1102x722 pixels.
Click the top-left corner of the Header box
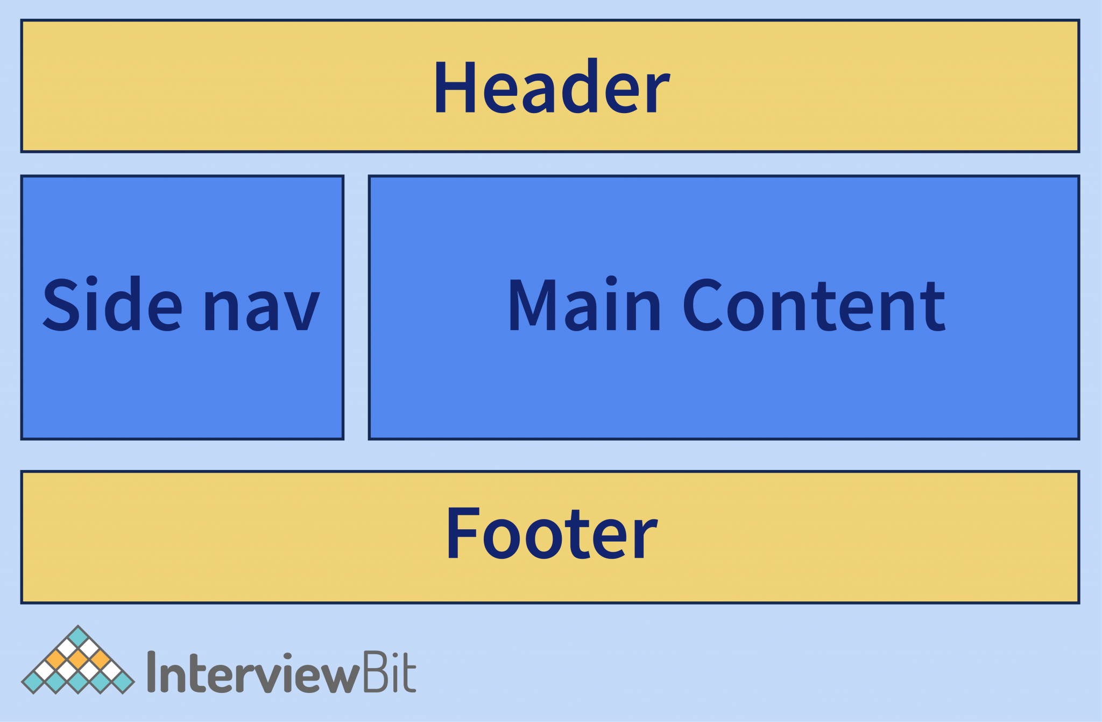(x=22, y=20)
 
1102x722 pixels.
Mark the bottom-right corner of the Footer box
(x=1079, y=603)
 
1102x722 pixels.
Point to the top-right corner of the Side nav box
(x=343, y=176)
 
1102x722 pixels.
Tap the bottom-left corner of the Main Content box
(x=369, y=439)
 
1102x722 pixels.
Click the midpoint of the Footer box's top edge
(x=550, y=472)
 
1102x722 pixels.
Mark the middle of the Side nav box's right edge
(x=343, y=307)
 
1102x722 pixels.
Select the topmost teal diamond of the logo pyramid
(x=78, y=637)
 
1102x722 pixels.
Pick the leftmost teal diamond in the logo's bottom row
(x=33, y=682)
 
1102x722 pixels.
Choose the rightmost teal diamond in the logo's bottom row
(x=123, y=682)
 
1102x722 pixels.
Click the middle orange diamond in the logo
(x=78, y=660)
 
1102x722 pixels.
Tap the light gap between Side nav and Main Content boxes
(x=356, y=307)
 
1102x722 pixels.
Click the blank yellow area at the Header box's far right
(x=969, y=86)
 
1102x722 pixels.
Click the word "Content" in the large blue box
(x=814, y=304)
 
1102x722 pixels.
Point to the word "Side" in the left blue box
(x=112, y=304)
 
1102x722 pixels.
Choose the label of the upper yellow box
(x=552, y=86)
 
